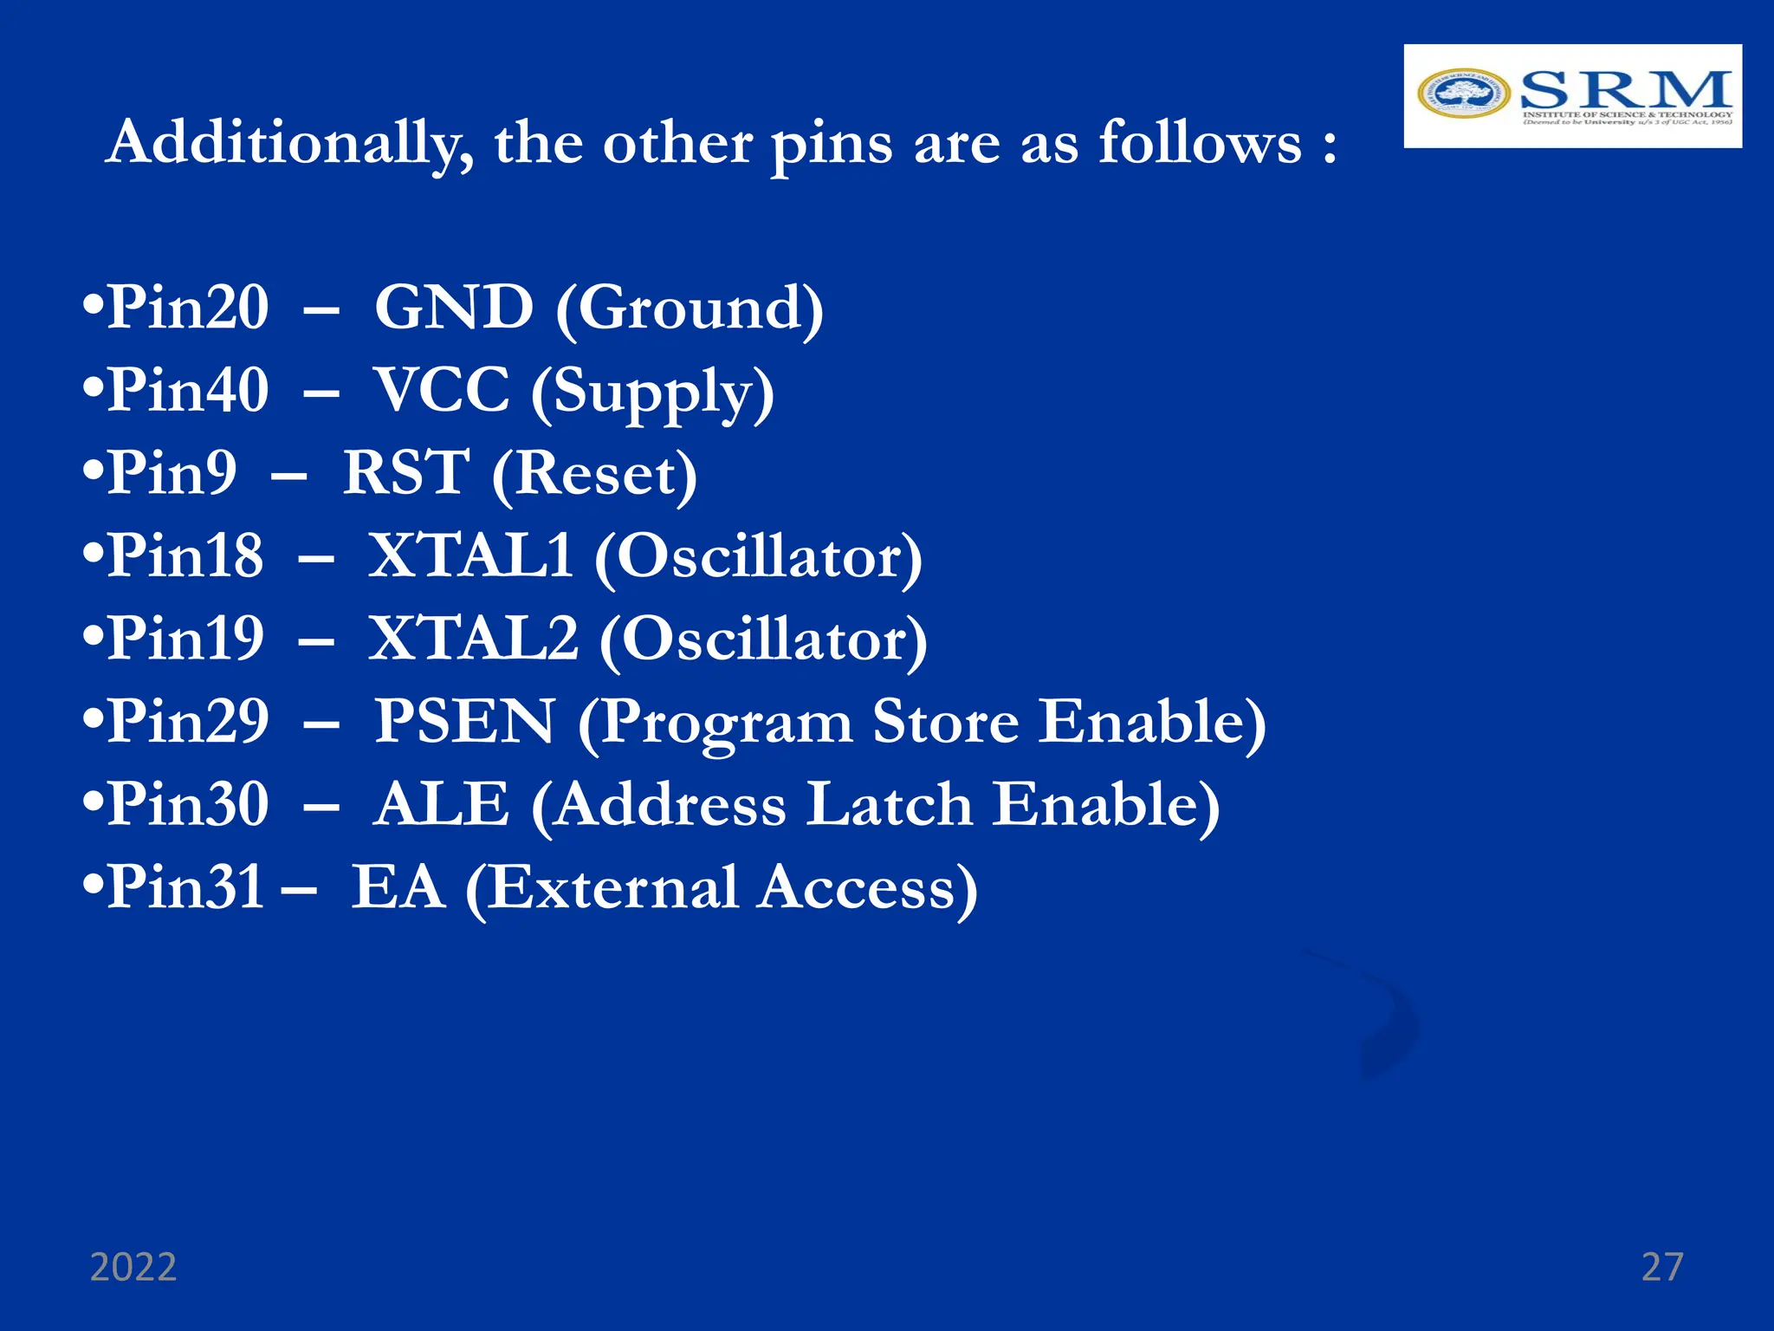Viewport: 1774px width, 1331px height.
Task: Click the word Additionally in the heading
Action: click(x=290, y=143)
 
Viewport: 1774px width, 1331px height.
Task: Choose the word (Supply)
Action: click(x=652, y=393)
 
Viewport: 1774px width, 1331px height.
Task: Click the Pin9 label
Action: click(x=172, y=473)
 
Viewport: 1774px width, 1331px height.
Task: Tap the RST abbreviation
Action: click(x=406, y=473)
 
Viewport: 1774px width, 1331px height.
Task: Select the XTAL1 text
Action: click(x=470, y=555)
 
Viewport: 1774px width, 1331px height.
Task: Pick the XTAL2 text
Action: click(x=473, y=639)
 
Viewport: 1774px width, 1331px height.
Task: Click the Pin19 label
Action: click(x=185, y=639)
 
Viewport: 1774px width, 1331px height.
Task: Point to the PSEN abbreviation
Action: click(x=464, y=721)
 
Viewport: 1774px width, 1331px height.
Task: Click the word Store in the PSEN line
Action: click(x=945, y=721)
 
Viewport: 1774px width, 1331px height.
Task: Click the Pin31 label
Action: click(x=185, y=887)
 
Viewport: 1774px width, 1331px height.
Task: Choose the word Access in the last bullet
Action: click(x=867, y=887)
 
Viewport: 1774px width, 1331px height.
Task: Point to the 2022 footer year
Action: click(x=133, y=1268)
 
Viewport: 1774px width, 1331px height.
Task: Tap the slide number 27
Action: click(x=1662, y=1268)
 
